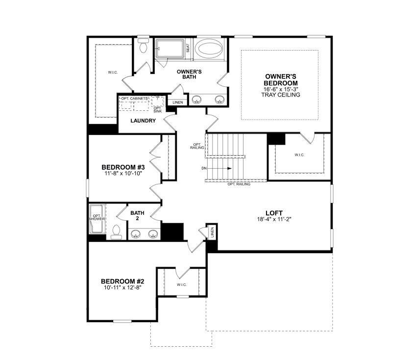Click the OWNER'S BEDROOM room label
click(x=281, y=79)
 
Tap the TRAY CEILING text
click(x=281, y=95)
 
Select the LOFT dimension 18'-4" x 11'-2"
click(x=274, y=219)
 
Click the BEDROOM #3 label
click(x=122, y=167)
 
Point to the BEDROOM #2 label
click(x=122, y=281)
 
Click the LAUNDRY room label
click(x=143, y=121)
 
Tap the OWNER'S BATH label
click(x=189, y=74)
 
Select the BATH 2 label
click(x=137, y=216)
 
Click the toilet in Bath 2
click(x=116, y=231)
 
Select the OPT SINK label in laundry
click(x=157, y=109)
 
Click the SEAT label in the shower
click(x=188, y=48)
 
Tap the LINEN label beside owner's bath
click(x=177, y=103)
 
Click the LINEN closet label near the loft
click(x=212, y=232)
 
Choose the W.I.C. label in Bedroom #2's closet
click(x=181, y=284)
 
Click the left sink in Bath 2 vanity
click(x=135, y=233)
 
